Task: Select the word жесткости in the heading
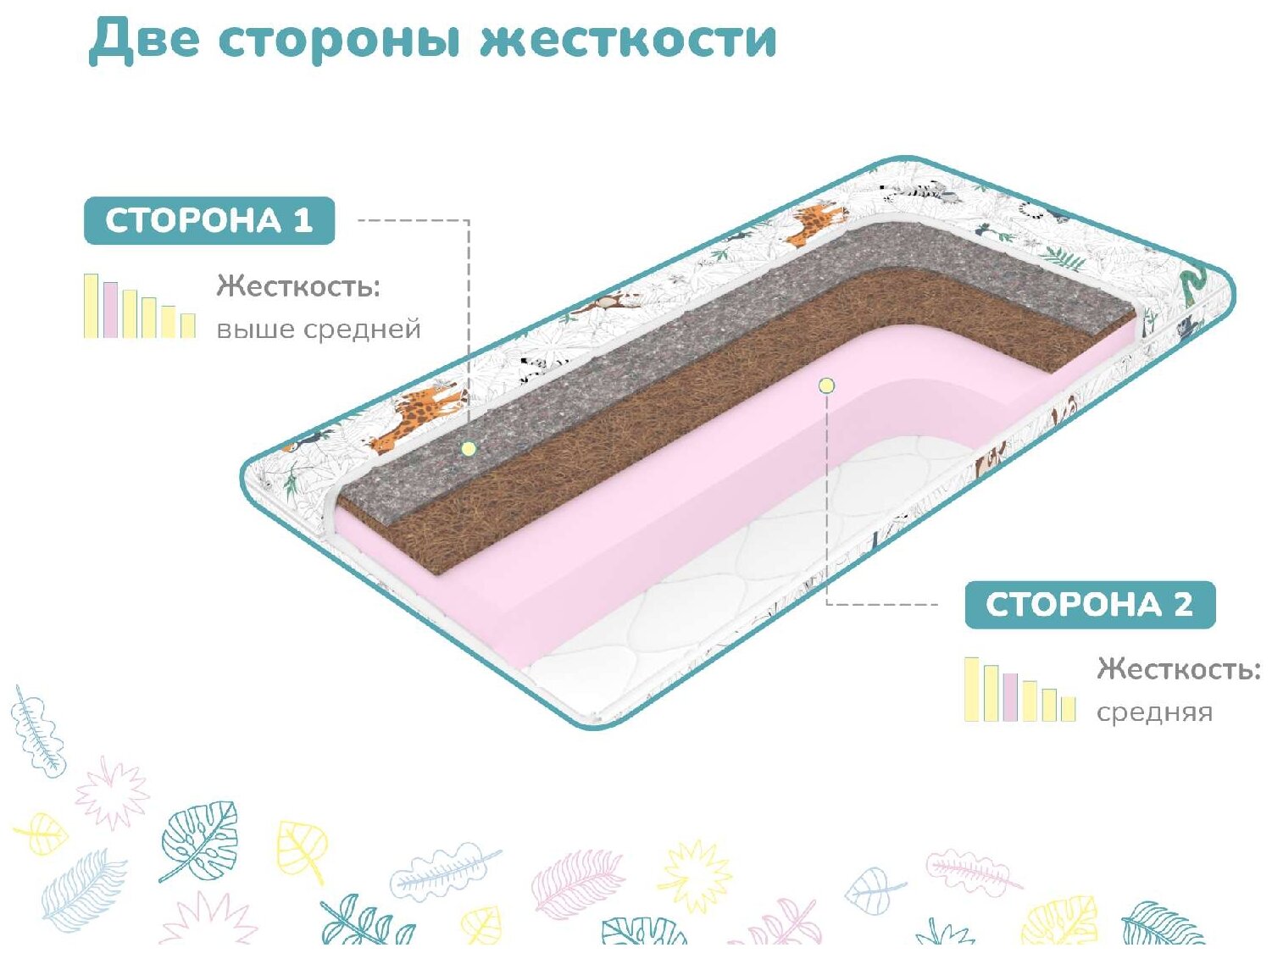click(x=627, y=40)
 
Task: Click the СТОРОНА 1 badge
click(x=209, y=220)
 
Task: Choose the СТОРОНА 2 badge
click(x=1090, y=604)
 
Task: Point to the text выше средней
click(x=318, y=329)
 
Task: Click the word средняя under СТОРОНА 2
click(x=1154, y=712)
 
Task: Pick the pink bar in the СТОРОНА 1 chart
click(x=110, y=310)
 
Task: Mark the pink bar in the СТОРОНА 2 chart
click(x=1009, y=697)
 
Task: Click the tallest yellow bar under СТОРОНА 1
click(x=91, y=306)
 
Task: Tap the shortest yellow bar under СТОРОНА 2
click(x=1068, y=709)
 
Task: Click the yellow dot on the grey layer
click(x=469, y=448)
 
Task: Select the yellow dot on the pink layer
click(x=826, y=385)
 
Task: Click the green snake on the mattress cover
click(x=1191, y=285)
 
